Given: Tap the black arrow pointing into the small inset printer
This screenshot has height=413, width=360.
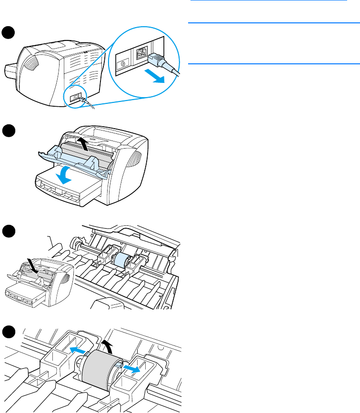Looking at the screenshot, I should coord(31,263).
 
